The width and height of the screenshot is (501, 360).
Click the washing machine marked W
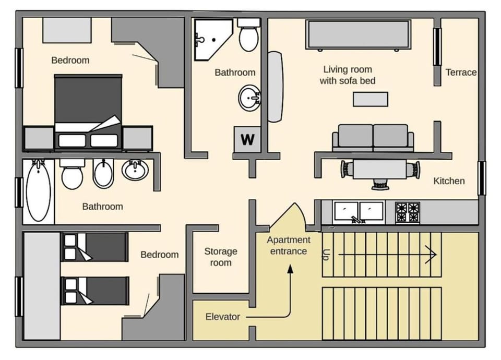click(x=247, y=139)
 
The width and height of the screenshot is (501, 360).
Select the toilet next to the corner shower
click(x=248, y=36)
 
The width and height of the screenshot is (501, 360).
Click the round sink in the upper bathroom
click(x=251, y=98)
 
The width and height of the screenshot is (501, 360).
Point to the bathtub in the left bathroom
click(x=38, y=190)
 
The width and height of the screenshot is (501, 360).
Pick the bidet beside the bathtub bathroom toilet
click(x=103, y=173)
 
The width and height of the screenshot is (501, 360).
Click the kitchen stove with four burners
click(x=407, y=212)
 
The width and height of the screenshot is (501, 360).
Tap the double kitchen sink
click(x=359, y=211)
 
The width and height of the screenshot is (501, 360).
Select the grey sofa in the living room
click(x=373, y=138)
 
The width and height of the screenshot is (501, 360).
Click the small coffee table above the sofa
click(x=370, y=99)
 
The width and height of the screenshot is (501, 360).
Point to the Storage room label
click(x=220, y=257)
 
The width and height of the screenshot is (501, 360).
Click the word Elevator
click(x=222, y=317)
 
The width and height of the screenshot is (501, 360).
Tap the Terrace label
click(x=461, y=73)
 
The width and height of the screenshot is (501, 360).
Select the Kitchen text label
click(x=449, y=181)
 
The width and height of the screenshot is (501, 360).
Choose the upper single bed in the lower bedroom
click(x=94, y=247)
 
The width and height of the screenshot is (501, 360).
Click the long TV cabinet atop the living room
click(x=357, y=34)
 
